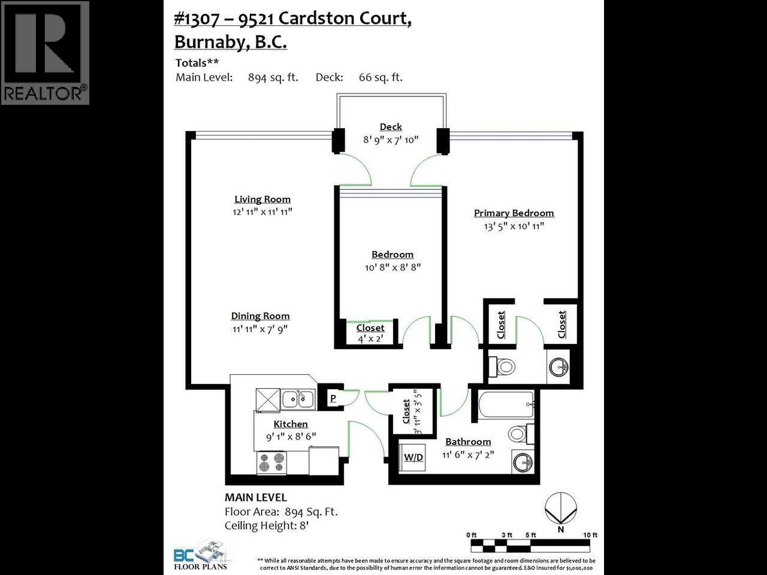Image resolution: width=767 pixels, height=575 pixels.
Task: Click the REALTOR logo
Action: (x=45, y=53)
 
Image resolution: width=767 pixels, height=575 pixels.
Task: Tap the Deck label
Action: (x=391, y=126)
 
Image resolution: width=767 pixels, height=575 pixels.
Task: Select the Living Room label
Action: (x=262, y=199)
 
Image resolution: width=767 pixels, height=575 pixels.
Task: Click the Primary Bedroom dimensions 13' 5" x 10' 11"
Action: (x=514, y=226)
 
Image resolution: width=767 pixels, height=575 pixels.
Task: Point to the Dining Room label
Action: (x=260, y=316)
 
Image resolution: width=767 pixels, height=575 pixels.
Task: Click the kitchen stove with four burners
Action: (x=271, y=462)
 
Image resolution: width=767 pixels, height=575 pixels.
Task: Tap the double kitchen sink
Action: (x=298, y=398)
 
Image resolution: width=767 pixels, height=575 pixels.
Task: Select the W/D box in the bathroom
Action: (x=413, y=457)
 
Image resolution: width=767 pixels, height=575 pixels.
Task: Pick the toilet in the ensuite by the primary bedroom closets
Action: (x=502, y=366)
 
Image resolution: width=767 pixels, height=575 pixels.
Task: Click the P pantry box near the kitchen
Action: (x=333, y=398)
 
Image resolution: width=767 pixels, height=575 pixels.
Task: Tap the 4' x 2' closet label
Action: (x=370, y=338)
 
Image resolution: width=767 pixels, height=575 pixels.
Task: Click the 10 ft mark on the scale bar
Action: (x=590, y=535)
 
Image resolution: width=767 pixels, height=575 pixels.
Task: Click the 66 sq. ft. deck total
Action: (x=381, y=77)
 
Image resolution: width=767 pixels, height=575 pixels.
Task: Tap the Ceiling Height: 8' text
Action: (x=266, y=526)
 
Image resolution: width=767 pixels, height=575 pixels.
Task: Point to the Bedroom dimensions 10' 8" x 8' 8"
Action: (x=392, y=267)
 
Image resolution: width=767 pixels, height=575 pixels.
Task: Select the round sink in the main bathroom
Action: (x=523, y=462)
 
